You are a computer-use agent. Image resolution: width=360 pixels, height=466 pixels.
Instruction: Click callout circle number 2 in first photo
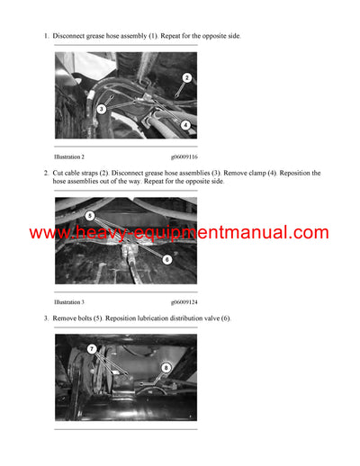pyautogui.click(x=186, y=78)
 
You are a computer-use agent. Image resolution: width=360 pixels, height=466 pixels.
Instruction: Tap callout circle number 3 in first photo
pyautogui.click(x=102, y=109)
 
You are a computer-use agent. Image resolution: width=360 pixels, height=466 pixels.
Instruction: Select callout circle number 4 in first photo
pyautogui.click(x=184, y=125)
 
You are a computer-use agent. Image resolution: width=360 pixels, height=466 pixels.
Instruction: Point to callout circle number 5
pyautogui.click(x=90, y=216)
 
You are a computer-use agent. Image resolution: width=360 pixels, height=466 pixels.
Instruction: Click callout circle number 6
pyautogui.click(x=167, y=259)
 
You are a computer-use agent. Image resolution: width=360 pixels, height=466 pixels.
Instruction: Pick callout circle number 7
pyautogui.click(x=92, y=348)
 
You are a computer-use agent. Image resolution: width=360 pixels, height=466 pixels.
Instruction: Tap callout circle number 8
pyautogui.click(x=166, y=367)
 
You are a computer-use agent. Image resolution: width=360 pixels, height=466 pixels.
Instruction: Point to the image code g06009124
pyautogui.click(x=185, y=302)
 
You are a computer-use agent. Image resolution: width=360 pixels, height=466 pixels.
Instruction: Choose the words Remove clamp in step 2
pyautogui.click(x=273, y=173)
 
